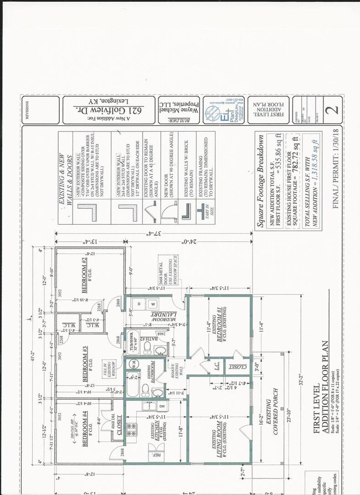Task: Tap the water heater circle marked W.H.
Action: coord(133,364)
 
